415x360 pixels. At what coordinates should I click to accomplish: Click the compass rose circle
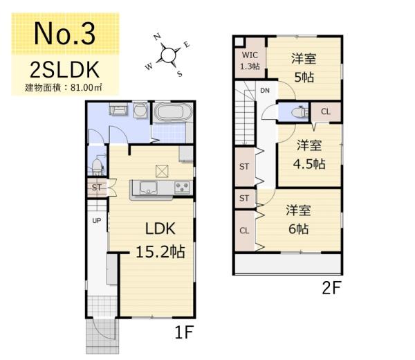[x=168, y=55]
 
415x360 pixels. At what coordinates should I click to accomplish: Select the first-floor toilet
[x=98, y=166]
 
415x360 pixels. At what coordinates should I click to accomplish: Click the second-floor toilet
[x=299, y=112]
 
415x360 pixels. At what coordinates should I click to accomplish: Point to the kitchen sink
[x=148, y=188]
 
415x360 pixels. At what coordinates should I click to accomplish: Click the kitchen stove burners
[x=182, y=188]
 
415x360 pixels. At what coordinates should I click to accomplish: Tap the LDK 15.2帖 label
[x=160, y=240]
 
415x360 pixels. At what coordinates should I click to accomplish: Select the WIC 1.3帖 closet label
[x=250, y=61]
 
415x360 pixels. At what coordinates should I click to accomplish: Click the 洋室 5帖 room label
[x=304, y=68]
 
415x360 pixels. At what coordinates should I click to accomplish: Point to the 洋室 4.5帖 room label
[x=309, y=154]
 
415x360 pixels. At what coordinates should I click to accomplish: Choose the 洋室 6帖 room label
[x=298, y=219]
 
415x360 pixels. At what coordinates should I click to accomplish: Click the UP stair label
[x=97, y=220]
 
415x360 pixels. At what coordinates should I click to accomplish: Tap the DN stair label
[x=265, y=91]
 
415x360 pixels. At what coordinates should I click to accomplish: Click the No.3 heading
[x=64, y=34]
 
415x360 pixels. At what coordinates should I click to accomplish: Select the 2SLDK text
[x=64, y=70]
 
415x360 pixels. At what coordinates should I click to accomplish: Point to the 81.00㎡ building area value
[x=86, y=88]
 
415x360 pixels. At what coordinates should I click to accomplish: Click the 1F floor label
[x=185, y=332]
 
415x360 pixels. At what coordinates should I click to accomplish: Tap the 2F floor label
[x=331, y=288]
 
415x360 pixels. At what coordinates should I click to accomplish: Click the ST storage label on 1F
[x=96, y=188]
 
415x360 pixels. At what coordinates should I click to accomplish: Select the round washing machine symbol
[x=140, y=110]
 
